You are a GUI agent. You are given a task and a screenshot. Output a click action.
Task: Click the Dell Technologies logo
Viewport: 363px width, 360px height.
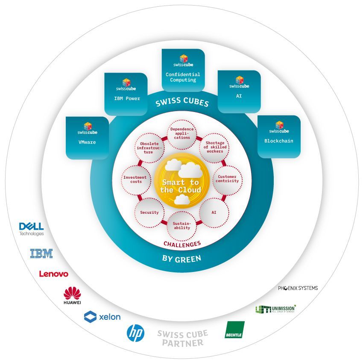tap(32, 228)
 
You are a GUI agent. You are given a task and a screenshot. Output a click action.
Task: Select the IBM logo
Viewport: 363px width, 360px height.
tap(41, 253)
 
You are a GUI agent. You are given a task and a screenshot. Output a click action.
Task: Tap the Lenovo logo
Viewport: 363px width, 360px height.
tap(53, 274)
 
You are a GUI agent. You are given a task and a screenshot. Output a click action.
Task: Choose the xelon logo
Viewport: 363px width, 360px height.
tap(102, 317)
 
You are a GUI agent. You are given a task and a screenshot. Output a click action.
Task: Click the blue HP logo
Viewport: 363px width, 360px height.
tap(136, 333)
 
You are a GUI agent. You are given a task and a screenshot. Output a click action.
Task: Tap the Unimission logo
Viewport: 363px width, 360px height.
tap(275, 309)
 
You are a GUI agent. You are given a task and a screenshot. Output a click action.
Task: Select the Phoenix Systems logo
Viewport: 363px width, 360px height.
tap(298, 288)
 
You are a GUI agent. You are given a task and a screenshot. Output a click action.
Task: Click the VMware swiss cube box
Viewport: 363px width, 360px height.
tap(87, 138)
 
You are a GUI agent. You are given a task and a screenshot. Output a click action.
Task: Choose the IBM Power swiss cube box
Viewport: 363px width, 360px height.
tap(126, 94)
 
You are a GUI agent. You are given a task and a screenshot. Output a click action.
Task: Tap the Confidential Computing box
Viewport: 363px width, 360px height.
tap(183, 70)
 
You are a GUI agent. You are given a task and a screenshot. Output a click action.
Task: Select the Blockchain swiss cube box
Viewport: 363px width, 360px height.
tap(279, 136)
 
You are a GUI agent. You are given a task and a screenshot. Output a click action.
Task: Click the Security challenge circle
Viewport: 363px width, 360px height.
tap(149, 212)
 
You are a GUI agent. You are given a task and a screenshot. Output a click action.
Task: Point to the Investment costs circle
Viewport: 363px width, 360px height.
tap(135, 179)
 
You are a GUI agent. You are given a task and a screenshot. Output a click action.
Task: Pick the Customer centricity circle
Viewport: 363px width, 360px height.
tap(227, 179)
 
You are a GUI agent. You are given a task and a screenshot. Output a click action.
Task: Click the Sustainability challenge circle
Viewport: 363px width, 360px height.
tap(181, 225)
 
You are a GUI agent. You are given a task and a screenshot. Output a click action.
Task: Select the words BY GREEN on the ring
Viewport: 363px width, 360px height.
tap(181, 258)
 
